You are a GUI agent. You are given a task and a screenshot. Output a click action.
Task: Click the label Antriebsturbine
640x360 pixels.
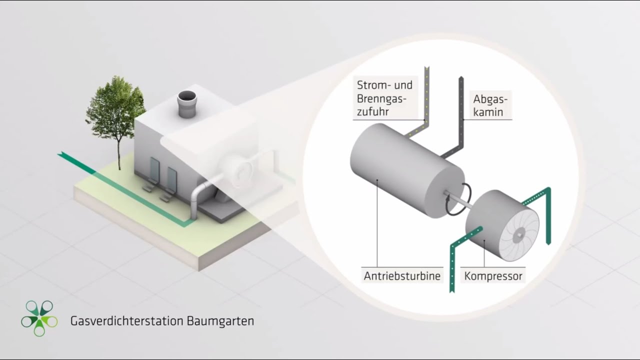tap(402, 275)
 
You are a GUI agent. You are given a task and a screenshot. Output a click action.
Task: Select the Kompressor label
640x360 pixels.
tap(493, 275)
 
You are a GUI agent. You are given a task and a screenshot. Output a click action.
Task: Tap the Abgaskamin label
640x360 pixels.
tap(488, 105)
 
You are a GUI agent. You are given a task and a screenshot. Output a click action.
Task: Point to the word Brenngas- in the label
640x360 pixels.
tap(381, 98)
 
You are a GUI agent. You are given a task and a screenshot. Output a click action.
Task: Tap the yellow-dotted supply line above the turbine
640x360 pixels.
tap(426, 100)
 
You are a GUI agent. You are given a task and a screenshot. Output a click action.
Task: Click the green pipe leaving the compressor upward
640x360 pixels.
tap(547, 215)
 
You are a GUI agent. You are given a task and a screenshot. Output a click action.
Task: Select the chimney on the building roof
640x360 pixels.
tap(187, 105)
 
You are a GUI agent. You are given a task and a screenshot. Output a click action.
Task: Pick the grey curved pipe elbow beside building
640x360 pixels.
tap(199, 192)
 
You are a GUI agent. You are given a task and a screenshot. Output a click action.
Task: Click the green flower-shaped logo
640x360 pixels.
tap(39, 318)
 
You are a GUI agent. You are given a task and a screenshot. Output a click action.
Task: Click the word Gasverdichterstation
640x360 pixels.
tap(127, 320)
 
